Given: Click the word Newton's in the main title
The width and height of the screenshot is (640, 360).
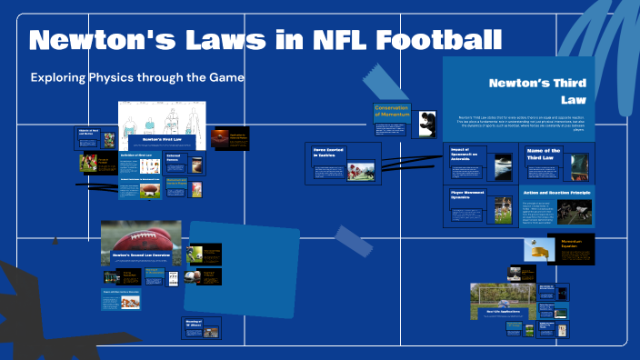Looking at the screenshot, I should tap(100, 41).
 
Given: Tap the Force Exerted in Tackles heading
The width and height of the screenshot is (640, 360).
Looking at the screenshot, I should tap(332, 153).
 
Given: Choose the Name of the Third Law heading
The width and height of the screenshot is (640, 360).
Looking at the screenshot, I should tap(543, 154).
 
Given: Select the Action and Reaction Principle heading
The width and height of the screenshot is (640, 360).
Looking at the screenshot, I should tap(556, 193).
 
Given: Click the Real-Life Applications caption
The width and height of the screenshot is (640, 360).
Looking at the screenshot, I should tap(501, 310).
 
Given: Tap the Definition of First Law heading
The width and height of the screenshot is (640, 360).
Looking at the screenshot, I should tap(137, 155).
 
